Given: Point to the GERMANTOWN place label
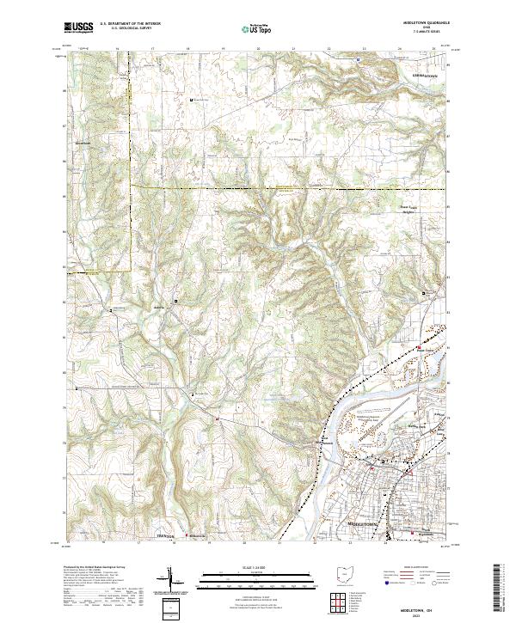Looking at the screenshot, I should [421, 77].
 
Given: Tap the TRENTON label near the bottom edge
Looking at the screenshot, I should [165, 536].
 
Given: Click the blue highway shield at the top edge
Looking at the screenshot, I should [357, 59].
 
